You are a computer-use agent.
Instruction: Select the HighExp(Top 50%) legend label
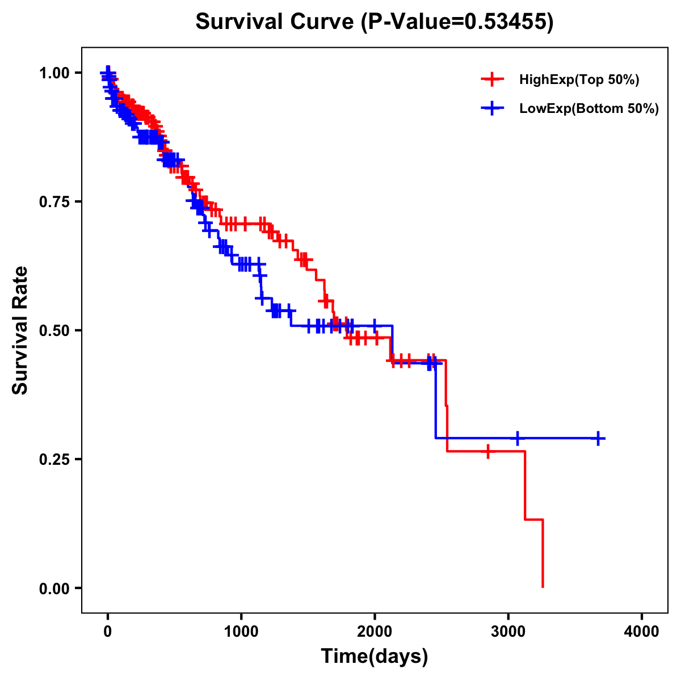(x=579, y=80)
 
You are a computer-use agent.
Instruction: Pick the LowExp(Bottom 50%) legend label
(x=589, y=109)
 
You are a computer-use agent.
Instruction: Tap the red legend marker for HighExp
(x=492, y=79)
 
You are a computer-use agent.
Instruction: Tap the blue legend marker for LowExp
(x=492, y=108)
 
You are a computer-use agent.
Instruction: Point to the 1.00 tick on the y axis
(x=54, y=73)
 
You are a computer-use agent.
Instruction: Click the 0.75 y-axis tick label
(x=54, y=201)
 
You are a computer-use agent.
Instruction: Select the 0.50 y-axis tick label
(x=54, y=330)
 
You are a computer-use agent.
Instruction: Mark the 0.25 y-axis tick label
(x=54, y=459)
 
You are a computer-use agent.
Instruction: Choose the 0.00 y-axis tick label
(x=54, y=588)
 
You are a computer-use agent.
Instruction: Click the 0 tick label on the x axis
(x=108, y=632)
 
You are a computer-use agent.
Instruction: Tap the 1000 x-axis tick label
(x=241, y=632)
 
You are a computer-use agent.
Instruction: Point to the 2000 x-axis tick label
(x=375, y=632)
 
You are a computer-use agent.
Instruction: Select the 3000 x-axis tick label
(x=508, y=632)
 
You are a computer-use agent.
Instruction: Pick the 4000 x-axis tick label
(x=642, y=632)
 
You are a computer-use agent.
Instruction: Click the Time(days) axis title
(x=375, y=657)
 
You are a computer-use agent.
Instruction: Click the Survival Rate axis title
(x=21, y=330)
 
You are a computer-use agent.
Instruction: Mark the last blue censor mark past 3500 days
(x=598, y=438)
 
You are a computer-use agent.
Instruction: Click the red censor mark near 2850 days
(x=488, y=451)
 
